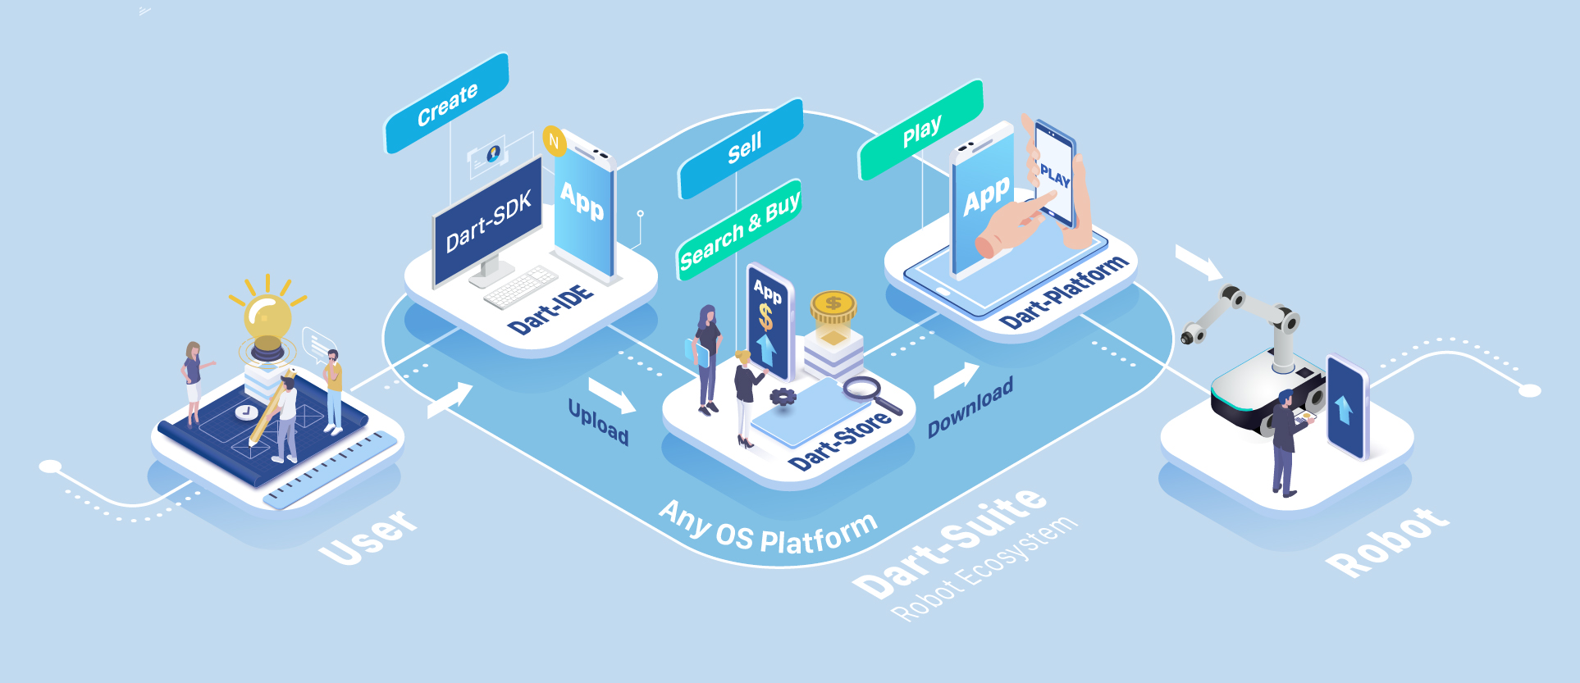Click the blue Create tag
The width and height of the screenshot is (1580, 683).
[447, 103]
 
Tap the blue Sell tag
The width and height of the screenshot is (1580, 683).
[742, 149]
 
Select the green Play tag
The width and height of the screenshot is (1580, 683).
[920, 130]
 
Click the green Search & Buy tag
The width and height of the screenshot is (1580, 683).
[738, 230]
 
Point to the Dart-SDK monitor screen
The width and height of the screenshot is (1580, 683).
[488, 221]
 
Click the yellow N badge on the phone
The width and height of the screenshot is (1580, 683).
[555, 142]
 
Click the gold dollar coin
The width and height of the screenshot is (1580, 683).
[833, 305]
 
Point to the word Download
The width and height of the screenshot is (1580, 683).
[970, 408]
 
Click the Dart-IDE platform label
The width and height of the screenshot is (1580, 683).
[550, 310]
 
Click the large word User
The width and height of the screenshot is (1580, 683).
[368, 536]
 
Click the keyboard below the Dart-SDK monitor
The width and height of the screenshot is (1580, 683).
[520, 286]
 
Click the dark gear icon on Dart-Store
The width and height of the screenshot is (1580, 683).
[783, 397]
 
